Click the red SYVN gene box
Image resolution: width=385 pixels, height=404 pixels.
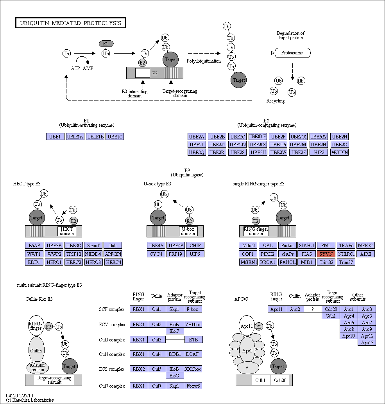326,254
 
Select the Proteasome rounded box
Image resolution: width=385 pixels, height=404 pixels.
292,53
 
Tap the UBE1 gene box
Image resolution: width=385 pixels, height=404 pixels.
55,136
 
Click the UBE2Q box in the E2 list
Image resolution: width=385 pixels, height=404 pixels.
197,152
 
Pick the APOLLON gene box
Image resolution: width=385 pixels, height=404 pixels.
339,152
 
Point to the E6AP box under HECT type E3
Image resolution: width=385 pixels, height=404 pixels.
34,245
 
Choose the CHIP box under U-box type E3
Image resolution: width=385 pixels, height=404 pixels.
195,245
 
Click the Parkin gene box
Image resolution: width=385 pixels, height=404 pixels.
287,245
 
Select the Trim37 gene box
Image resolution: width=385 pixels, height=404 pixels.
346,262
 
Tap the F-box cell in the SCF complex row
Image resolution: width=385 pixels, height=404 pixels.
193,309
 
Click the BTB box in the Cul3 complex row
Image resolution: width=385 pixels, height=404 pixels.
193,339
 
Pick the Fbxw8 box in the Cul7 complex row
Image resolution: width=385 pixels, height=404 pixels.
193,386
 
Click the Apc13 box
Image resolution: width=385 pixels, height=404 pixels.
367,343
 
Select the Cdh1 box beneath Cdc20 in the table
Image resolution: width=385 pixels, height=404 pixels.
331,316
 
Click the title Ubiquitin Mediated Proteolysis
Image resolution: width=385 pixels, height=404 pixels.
71,23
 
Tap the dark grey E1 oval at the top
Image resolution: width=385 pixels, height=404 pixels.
106,43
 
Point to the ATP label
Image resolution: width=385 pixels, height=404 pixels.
75,68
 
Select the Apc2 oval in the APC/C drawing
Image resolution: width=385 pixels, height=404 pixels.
247,350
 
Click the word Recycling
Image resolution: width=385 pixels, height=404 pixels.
276,101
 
